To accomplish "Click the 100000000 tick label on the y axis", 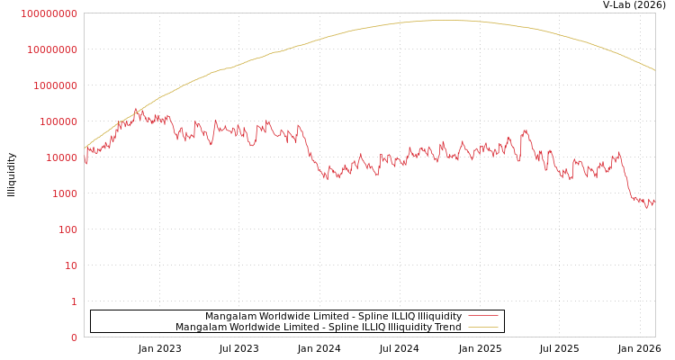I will tap(49, 13).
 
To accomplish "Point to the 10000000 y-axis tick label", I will tap(52, 49).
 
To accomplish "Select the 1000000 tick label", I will tap(55, 85).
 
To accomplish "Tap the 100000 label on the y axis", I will tap(58, 121).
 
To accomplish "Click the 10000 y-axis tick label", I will tap(60, 157).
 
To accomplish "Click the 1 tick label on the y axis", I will tap(74, 301).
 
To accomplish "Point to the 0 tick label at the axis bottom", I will tap(74, 337).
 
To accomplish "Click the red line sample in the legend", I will tap(483, 316).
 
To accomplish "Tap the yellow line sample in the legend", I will tap(483, 327).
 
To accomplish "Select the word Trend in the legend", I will tap(446, 328).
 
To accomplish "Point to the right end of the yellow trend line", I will tap(654, 70).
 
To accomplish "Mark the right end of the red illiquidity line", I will tap(654, 202).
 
